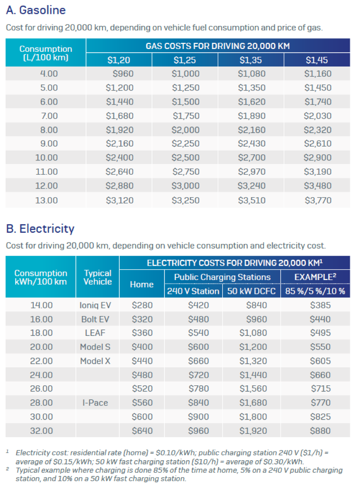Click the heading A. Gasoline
(36, 10)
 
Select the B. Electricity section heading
(40, 229)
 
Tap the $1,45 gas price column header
(317, 60)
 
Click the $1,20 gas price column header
(119, 60)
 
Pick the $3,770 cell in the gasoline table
(318, 201)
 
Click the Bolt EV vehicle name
(95, 319)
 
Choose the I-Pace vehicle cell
(95, 403)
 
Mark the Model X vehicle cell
(95, 361)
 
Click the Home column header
(142, 284)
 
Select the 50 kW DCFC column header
(251, 291)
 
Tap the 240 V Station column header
(193, 291)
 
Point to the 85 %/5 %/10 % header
(315, 291)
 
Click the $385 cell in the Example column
(320, 305)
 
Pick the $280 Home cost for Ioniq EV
(142, 305)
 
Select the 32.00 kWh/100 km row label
(42, 431)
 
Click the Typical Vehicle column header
(98, 277)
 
